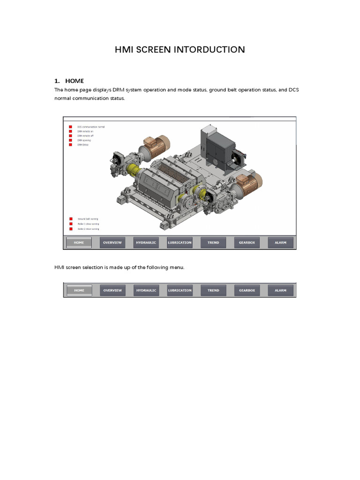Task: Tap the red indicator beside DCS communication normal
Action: (x=70, y=127)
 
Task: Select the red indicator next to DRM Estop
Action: (x=70, y=145)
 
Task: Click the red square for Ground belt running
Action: (x=70, y=219)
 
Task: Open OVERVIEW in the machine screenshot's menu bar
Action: (x=112, y=242)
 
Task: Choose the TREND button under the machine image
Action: (x=213, y=242)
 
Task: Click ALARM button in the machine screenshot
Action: (x=280, y=242)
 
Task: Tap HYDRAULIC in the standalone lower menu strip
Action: (x=146, y=290)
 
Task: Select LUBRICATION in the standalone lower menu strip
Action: (x=180, y=290)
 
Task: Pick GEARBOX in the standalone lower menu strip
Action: (x=247, y=290)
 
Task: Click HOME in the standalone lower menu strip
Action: (x=79, y=290)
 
